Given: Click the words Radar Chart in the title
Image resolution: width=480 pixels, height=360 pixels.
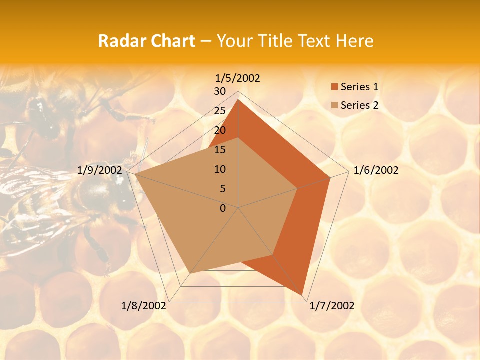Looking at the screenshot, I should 146,41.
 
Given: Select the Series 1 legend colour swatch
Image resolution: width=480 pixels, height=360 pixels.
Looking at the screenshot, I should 334,87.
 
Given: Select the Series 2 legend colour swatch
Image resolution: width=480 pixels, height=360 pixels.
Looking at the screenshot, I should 334,105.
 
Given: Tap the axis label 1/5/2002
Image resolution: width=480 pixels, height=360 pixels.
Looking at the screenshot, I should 237,78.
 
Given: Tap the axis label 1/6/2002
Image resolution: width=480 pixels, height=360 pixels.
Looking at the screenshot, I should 376,170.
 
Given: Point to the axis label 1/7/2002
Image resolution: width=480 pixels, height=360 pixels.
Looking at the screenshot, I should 332,306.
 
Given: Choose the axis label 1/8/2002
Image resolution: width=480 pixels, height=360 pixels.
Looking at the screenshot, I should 144,306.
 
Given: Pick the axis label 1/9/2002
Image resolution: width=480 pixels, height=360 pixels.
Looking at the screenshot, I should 100,170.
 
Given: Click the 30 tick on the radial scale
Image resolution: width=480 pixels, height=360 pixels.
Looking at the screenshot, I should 220,91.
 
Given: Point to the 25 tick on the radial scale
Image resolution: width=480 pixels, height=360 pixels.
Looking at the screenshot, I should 220,111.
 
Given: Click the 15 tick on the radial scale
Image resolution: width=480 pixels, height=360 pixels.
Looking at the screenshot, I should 220,150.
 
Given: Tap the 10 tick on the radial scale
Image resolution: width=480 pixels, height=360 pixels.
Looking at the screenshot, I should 220,169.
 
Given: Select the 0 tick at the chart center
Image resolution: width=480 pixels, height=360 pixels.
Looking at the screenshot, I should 223,208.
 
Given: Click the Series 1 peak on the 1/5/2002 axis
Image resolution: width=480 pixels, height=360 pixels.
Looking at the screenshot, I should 238,100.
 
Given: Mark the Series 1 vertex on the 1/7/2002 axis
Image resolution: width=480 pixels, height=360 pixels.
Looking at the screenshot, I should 302,295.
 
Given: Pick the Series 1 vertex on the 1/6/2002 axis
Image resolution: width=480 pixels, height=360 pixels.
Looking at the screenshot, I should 330,177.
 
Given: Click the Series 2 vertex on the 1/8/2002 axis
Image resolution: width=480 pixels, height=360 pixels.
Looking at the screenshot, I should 190,273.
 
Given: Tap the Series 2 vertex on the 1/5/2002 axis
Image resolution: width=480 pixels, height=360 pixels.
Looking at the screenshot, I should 238,138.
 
